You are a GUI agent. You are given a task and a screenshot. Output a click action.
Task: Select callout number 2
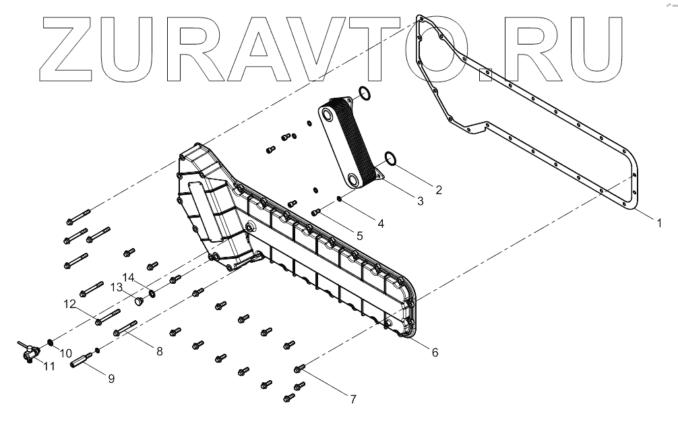(x=438, y=189)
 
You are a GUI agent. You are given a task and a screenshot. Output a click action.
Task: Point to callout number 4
(x=381, y=223)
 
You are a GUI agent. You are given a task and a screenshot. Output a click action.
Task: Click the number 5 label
(x=359, y=236)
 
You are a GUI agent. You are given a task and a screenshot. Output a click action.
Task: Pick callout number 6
(x=434, y=352)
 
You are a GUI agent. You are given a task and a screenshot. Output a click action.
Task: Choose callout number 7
(x=352, y=398)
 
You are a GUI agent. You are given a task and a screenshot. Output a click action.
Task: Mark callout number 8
(x=159, y=351)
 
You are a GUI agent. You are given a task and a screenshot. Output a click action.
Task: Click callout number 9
(x=111, y=378)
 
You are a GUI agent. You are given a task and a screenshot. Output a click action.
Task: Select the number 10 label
(x=65, y=353)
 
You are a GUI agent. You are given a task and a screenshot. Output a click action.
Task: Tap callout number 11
(x=48, y=367)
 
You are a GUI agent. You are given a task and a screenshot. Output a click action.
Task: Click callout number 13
(x=115, y=287)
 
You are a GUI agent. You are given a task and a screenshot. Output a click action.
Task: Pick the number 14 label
(x=129, y=276)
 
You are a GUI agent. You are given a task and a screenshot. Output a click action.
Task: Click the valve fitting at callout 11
(x=28, y=351)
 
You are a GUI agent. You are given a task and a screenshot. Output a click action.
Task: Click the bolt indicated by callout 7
(x=300, y=368)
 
